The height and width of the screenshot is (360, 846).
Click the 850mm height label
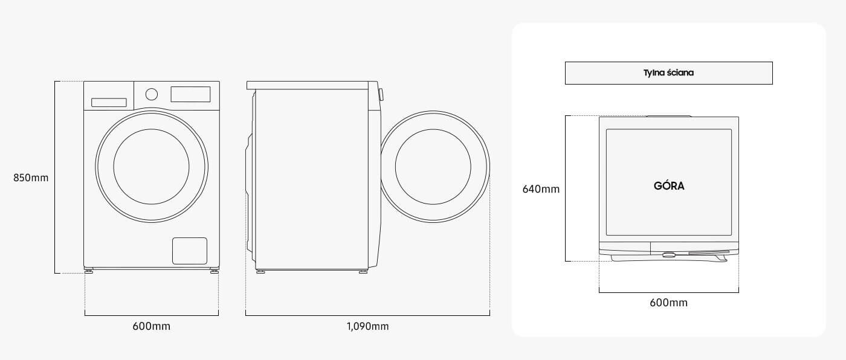coord(31,178)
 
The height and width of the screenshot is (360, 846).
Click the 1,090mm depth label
coord(367,326)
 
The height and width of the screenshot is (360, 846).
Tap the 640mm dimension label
coord(541,189)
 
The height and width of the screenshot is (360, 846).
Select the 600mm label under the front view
coord(152,326)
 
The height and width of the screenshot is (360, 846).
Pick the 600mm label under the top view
coord(668,303)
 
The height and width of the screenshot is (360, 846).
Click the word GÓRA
coord(669,185)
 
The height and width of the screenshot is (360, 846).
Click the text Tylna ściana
coord(668,73)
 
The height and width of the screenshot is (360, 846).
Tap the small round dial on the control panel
coord(152,94)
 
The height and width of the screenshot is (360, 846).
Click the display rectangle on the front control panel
coord(190,94)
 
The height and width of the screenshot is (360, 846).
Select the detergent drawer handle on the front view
coord(109,103)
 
